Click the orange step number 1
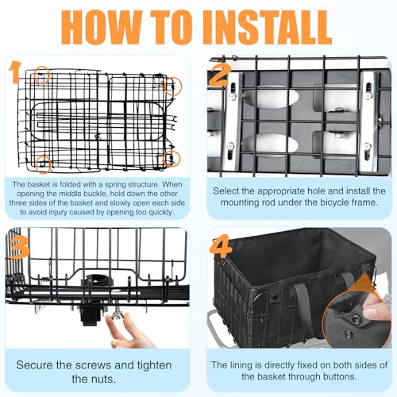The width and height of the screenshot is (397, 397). pos(14,72)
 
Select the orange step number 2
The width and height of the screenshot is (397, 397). pos(220,75)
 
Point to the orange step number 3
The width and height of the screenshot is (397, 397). pos(19,247)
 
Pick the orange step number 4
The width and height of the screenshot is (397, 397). pos(221,246)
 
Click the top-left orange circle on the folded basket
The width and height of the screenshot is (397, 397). pos(42,75)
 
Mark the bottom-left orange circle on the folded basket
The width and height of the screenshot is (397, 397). pos(43,164)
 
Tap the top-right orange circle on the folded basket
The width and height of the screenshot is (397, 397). pos(173,87)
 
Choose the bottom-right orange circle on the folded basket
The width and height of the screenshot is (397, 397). pos(172,159)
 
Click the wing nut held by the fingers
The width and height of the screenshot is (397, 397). pos(116,314)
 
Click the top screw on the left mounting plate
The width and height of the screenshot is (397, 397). pos(232,97)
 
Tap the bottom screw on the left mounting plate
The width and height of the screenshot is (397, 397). pos(230,146)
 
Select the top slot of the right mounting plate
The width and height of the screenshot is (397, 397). pos(368,87)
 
